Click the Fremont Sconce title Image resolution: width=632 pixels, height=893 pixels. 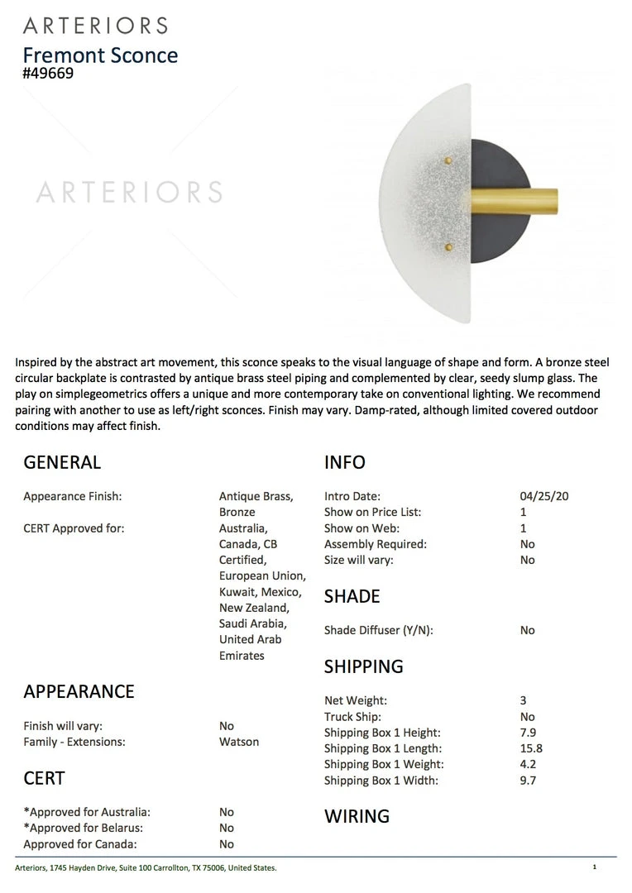coord(100,55)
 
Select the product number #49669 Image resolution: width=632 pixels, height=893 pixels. coord(48,74)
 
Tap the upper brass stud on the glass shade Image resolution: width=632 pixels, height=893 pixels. coord(448,159)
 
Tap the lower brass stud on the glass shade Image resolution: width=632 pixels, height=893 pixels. coord(448,246)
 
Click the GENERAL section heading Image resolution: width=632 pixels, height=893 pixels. coord(62,462)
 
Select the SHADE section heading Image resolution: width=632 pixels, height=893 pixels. coord(352,596)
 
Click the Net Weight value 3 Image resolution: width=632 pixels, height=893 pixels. coord(524,700)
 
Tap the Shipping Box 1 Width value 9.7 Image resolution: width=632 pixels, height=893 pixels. coord(528,780)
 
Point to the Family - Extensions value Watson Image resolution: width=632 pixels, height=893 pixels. coord(239,742)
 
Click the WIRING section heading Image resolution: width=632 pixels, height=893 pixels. coord(357,816)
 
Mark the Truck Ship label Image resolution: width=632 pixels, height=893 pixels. coord(352,717)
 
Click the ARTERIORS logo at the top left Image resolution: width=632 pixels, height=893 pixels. coord(95,26)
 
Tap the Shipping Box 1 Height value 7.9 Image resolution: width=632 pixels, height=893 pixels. coord(528,733)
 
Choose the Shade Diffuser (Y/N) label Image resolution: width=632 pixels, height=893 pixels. coord(378,630)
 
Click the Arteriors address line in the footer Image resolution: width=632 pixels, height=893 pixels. coord(146,867)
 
